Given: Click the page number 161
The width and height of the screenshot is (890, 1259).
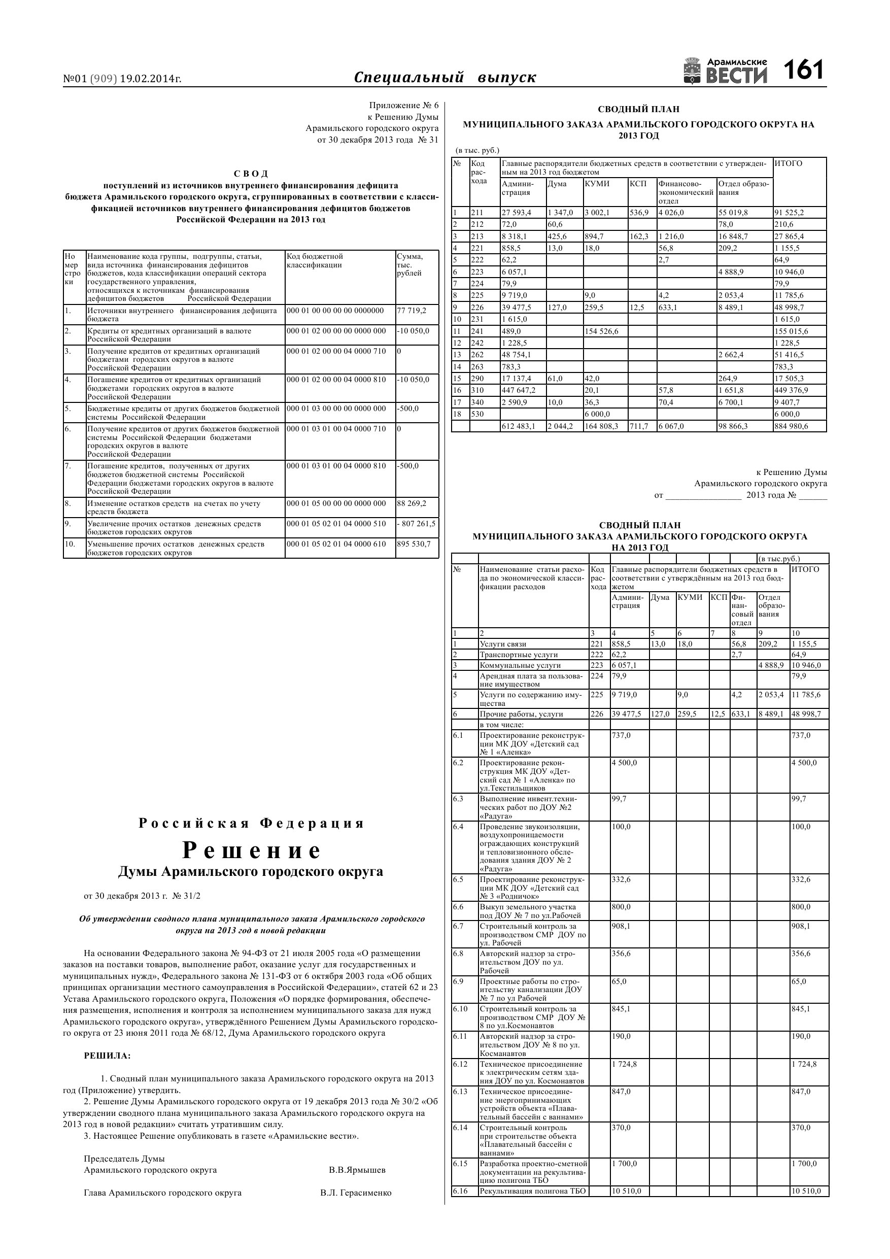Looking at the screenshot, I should tap(803, 71).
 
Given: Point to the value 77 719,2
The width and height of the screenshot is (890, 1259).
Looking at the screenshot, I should tap(412, 311).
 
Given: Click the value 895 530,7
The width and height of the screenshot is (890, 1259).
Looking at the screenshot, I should tap(414, 544).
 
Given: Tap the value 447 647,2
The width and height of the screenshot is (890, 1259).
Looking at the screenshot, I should tap(518, 390).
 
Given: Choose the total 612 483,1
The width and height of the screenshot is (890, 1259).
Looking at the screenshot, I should tap(518, 426).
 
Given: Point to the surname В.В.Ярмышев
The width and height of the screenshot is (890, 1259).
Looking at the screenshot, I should tap(357, 1170).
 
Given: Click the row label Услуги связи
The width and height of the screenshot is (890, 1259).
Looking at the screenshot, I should tap(503, 644).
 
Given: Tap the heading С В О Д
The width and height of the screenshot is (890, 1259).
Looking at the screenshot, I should tap(251, 174).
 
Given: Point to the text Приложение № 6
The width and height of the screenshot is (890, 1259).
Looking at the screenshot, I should tap(403, 105).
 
